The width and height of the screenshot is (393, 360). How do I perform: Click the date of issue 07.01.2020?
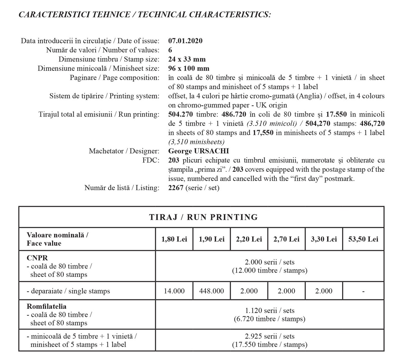(185, 41)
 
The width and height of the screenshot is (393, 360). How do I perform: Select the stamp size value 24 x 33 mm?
(187, 59)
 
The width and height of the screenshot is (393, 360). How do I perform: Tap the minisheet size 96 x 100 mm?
(189, 68)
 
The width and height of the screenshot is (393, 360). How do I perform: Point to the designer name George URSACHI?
(199, 151)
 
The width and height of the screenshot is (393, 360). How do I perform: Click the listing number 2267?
(176, 188)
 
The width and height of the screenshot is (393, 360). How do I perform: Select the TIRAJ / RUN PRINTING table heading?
(203, 217)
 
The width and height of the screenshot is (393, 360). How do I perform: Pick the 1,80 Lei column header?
(174, 239)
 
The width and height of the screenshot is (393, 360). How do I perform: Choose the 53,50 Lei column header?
(363, 239)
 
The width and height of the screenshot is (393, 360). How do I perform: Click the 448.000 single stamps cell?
(212, 291)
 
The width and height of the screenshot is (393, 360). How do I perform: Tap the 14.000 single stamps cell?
(174, 291)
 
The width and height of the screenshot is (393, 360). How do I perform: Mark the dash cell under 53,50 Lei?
(363, 291)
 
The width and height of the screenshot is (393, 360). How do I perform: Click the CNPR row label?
(37, 258)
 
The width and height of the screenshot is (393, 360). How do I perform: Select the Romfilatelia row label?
(46, 306)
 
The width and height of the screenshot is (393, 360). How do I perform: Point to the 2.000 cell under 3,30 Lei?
(324, 291)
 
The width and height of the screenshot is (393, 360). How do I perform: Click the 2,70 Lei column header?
(286, 239)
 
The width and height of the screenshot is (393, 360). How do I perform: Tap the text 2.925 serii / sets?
(270, 336)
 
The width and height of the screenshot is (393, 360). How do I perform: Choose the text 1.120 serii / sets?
(270, 311)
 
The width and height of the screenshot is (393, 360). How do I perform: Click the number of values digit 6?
(170, 50)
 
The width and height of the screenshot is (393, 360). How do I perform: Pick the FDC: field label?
(151, 160)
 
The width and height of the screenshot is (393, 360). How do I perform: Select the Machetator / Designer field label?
(124, 151)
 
